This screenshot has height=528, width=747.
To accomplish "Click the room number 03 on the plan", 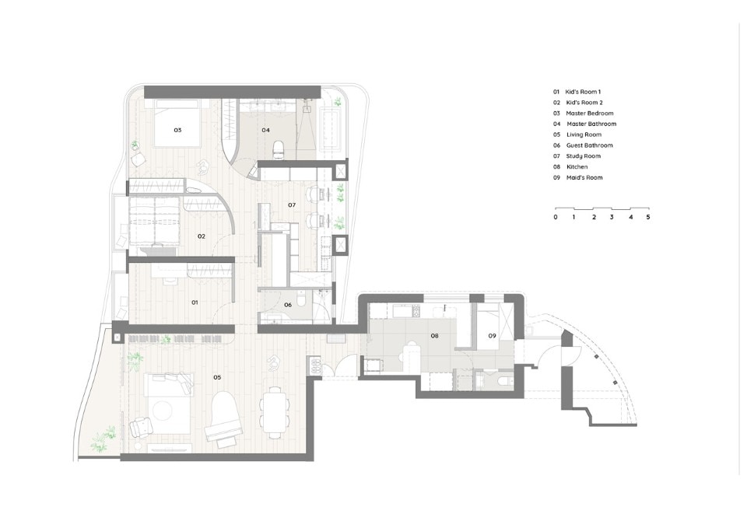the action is (177, 130).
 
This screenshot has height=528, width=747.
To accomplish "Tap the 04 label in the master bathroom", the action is (266, 130).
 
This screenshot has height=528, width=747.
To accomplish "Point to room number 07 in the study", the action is (292, 205).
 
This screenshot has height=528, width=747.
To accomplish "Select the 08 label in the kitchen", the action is (434, 336).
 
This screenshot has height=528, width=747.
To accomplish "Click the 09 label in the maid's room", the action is (492, 336).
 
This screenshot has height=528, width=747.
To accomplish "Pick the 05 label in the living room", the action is (217, 378).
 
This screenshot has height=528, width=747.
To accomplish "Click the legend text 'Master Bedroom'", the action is (590, 114).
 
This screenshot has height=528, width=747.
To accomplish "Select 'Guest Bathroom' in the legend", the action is (589, 145).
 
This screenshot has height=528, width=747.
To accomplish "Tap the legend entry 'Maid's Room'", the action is (584, 177).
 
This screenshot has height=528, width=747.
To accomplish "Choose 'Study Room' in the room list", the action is (583, 156).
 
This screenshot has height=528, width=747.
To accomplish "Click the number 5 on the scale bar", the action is (648, 217).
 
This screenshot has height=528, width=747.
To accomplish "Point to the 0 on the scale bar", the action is (556, 217).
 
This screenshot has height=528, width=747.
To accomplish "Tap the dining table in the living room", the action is (273, 413).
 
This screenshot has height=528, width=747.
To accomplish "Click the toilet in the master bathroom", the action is (279, 149).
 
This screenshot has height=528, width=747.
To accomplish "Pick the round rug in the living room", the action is (164, 410).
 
